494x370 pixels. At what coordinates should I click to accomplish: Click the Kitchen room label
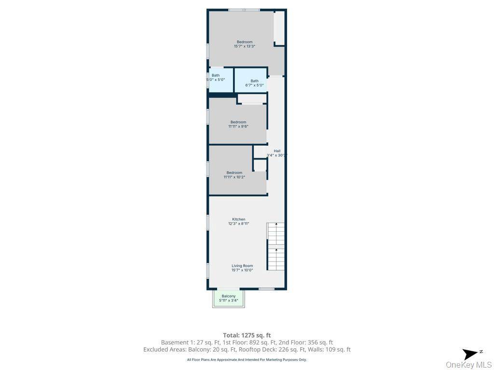[x=238, y=219]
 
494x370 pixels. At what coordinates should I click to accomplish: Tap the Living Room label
[x=242, y=265]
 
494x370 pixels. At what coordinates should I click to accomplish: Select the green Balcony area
[x=229, y=298]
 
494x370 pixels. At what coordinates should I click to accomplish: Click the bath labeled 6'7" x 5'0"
[x=254, y=81]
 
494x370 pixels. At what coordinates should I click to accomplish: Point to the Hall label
[x=277, y=151]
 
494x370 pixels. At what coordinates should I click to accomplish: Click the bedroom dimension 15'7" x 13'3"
[x=244, y=46]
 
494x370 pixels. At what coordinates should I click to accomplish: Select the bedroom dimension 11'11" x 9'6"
[x=238, y=126]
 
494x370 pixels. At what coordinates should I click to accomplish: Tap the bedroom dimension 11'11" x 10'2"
[x=234, y=177]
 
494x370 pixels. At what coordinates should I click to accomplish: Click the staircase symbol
[x=276, y=246]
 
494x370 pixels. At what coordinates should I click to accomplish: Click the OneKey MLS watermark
[x=468, y=365]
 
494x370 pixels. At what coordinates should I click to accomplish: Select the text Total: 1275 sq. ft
[x=247, y=335]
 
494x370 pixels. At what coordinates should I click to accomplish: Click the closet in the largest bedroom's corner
[x=279, y=28]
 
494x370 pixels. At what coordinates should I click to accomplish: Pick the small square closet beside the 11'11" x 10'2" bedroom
[x=260, y=165]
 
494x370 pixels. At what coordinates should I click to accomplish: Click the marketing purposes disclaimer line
[x=247, y=359]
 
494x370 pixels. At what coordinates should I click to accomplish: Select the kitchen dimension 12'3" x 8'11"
[x=238, y=224]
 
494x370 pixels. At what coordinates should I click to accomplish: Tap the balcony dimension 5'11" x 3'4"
[x=229, y=301]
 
